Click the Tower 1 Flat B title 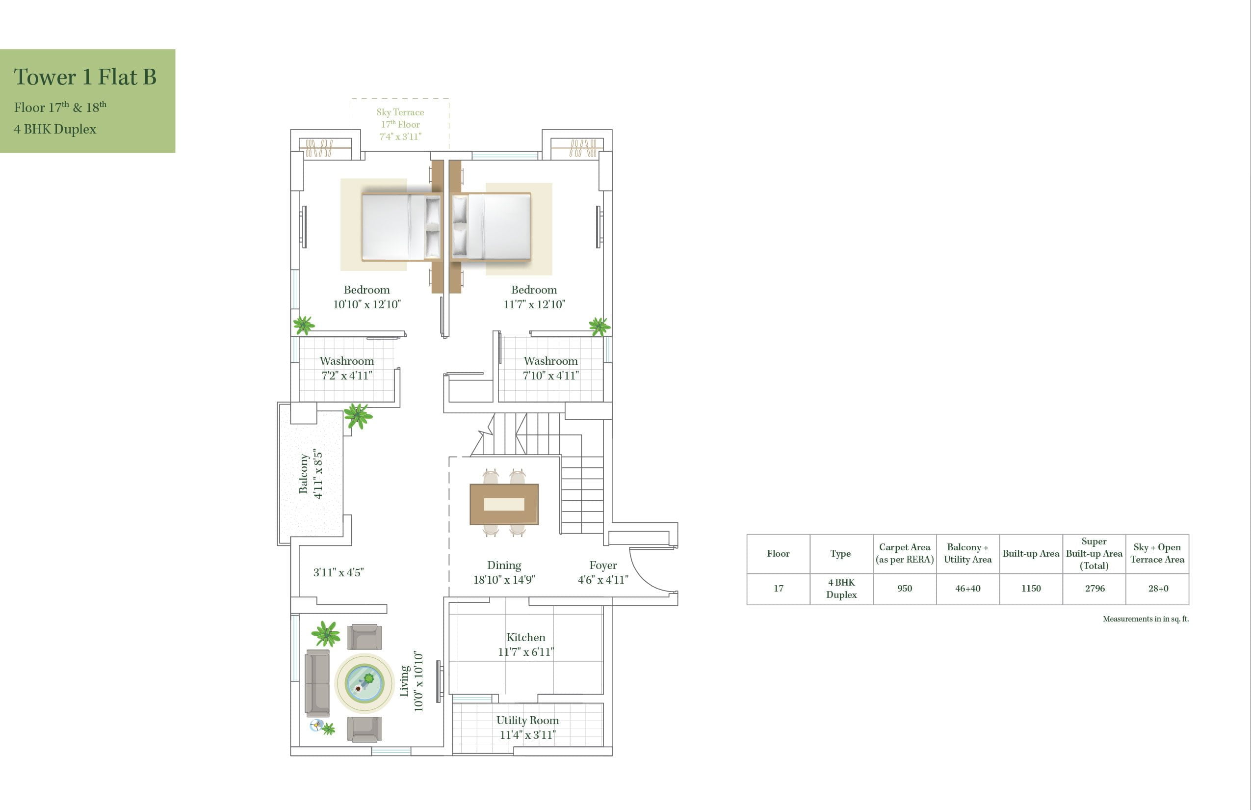pyautogui.click(x=85, y=77)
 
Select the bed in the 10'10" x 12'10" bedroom pyautogui.click(x=401, y=227)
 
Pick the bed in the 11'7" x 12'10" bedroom pyautogui.click(x=492, y=227)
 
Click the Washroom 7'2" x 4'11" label pyautogui.click(x=347, y=368)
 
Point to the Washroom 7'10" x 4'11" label pyautogui.click(x=550, y=368)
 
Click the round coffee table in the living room pyautogui.click(x=364, y=682)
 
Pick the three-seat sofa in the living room pyautogui.click(x=317, y=683)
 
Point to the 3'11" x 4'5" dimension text pyautogui.click(x=339, y=572)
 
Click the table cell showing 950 pyautogui.click(x=904, y=589)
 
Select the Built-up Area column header pyautogui.click(x=1030, y=553)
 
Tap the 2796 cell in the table pyautogui.click(x=1095, y=589)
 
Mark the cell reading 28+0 pyautogui.click(x=1157, y=589)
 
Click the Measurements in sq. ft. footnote pyautogui.click(x=1146, y=619)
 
